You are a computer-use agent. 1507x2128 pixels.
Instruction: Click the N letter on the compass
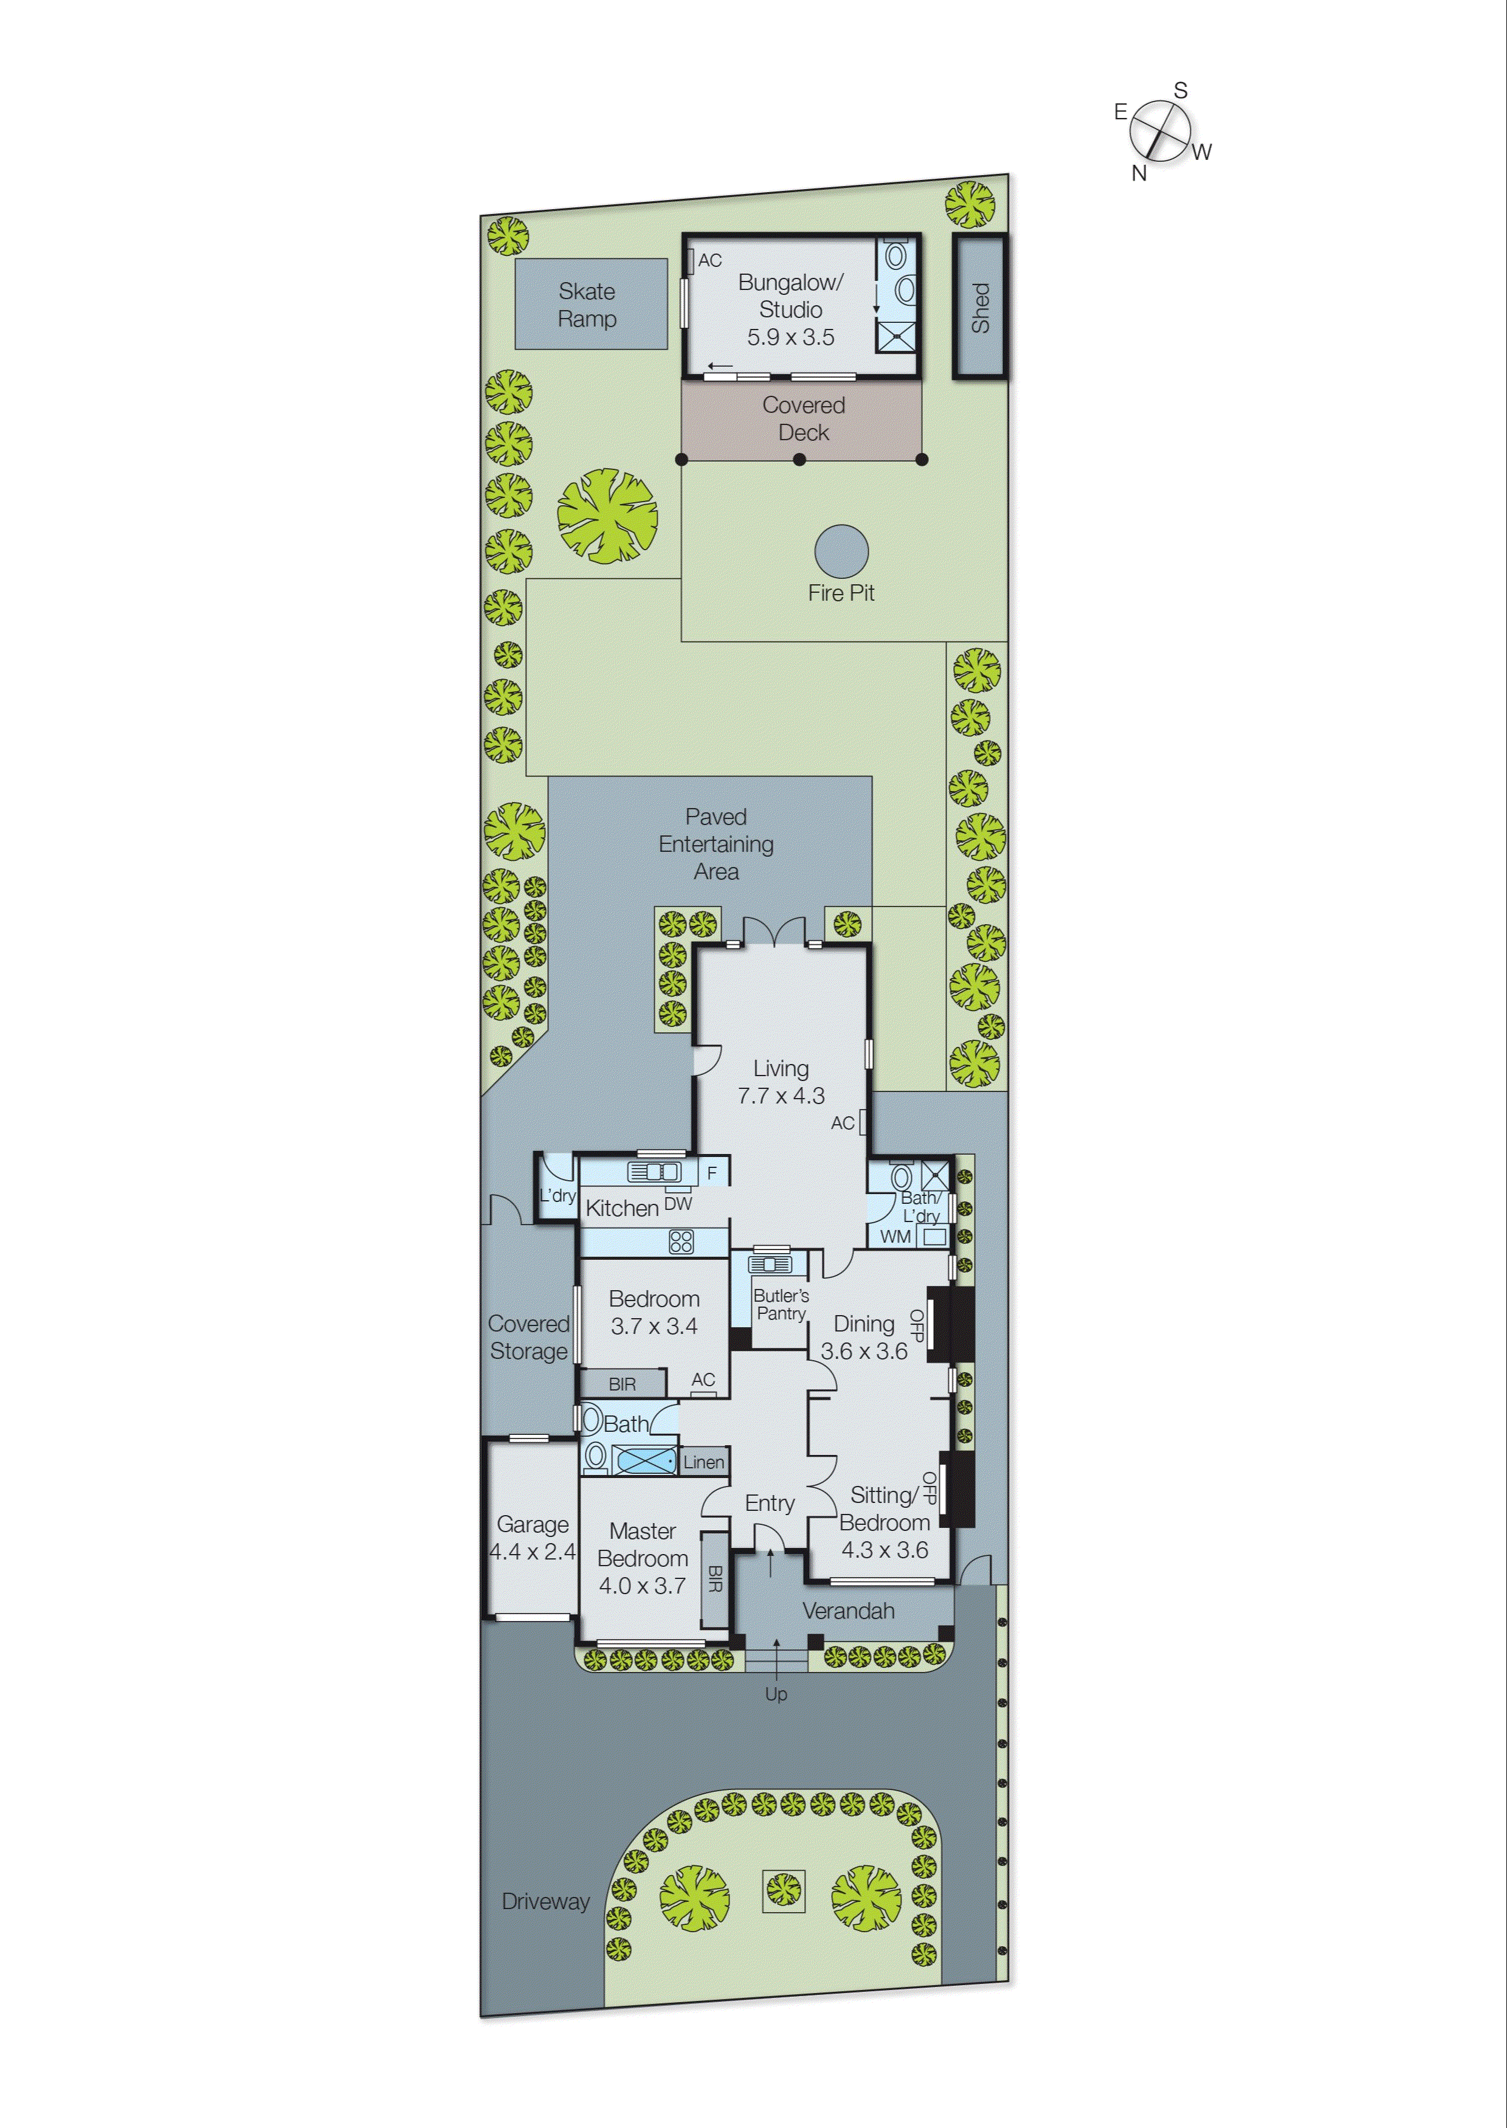click(x=1139, y=173)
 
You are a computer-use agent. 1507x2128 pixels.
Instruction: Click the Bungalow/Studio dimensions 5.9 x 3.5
click(x=791, y=337)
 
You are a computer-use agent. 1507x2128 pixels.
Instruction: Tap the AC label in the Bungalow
click(x=710, y=261)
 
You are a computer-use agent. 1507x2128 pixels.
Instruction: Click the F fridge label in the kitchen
click(x=712, y=1173)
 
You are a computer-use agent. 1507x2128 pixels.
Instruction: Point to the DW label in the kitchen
click(x=678, y=1204)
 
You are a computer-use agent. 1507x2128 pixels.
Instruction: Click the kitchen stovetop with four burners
click(x=681, y=1242)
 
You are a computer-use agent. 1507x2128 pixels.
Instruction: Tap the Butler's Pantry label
click(x=781, y=1304)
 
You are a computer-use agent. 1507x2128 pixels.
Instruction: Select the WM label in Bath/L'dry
click(x=895, y=1236)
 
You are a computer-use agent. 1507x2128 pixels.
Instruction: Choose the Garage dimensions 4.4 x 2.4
click(x=533, y=1551)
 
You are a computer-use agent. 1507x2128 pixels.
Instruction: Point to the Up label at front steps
click(x=776, y=1694)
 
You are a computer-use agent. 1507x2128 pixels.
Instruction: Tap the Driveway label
click(x=546, y=1902)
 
